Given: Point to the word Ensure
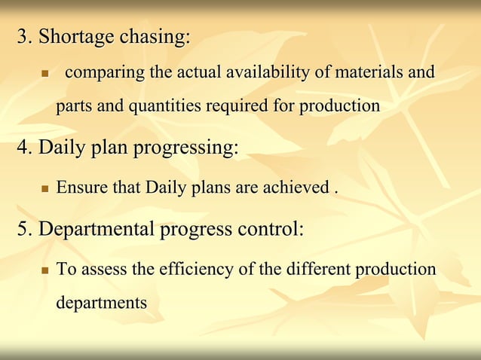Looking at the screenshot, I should pyautogui.click(x=82, y=188).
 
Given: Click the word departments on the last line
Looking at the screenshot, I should pyautogui.click(x=101, y=303).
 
